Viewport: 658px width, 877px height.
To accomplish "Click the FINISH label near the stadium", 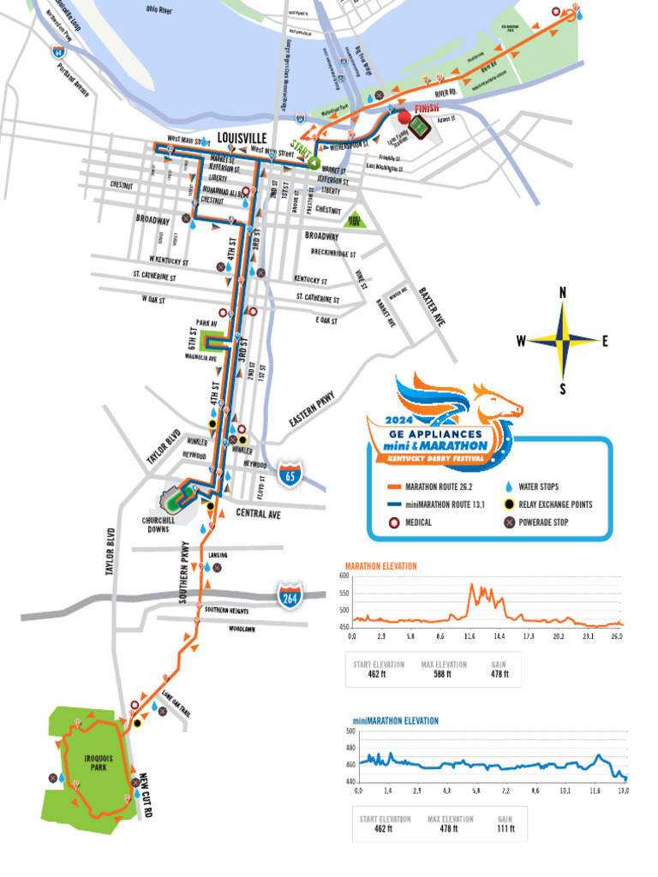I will [x=427, y=109].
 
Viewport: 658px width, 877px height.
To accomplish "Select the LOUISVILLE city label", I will [x=242, y=137].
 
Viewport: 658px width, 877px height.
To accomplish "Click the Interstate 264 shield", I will [x=289, y=597].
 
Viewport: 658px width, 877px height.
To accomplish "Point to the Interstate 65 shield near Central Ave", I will [x=293, y=473].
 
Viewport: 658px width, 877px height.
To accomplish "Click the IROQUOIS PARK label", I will [x=90, y=761].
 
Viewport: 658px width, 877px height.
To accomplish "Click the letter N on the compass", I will [x=563, y=293].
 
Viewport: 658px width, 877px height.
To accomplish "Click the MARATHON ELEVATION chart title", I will [x=380, y=566].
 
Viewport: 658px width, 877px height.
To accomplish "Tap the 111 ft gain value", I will [x=505, y=828].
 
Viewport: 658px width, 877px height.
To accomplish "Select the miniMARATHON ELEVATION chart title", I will [x=396, y=721].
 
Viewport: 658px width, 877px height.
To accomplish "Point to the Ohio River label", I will [x=159, y=11].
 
